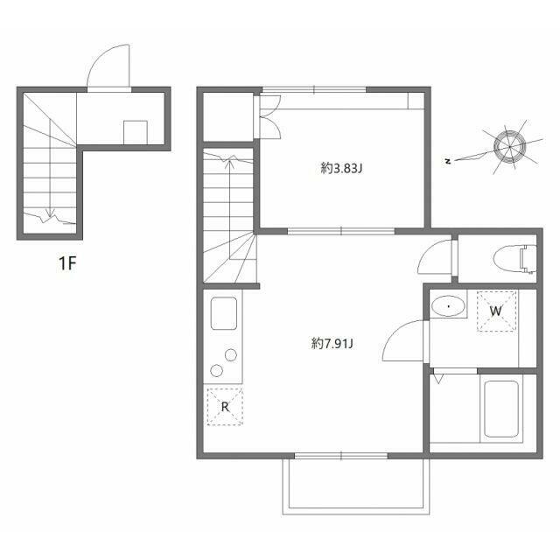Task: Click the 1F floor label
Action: click(x=68, y=264)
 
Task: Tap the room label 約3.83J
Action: click(x=341, y=168)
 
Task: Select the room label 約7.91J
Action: click(x=332, y=344)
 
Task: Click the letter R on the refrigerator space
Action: click(x=225, y=407)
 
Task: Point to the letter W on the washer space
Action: click(x=496, y=311)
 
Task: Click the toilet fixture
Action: click(x=515, y=259)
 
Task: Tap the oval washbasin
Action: click(x=448, y=306)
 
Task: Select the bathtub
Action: click(x=501, y=409)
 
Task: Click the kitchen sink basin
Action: click(x=224, y=313)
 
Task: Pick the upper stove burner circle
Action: click(x=231, y=355)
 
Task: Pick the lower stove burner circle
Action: click(x=216, y=371)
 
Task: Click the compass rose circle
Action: click(x=509, y=146)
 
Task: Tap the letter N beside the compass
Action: click(x=448, y=161)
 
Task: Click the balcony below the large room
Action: click(x=356, y=486)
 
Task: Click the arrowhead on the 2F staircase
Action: click(x=230, y=163)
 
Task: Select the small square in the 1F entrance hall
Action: click(x=136, y=132)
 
